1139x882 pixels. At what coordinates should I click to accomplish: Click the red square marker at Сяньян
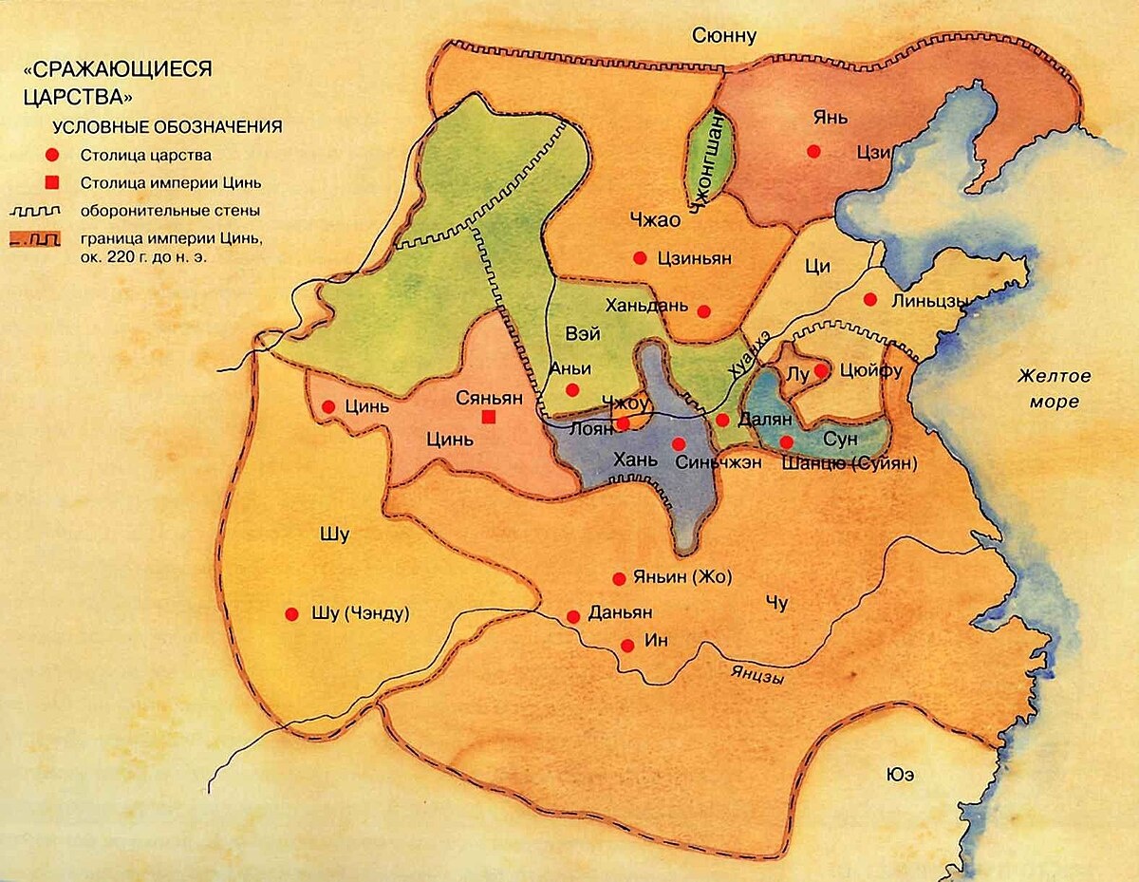489,417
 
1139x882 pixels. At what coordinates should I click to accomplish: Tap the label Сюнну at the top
724,36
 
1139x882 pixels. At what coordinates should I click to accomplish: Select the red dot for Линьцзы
869,300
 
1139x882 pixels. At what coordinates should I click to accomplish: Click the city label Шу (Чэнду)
360,614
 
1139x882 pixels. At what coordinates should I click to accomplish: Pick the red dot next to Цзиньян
640,257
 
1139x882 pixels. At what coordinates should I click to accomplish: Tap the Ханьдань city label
644,306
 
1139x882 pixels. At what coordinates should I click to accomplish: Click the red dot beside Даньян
573,616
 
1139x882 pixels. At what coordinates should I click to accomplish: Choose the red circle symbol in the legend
53,154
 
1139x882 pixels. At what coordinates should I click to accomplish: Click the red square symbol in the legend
53,182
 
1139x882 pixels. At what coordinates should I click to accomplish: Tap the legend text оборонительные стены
171,211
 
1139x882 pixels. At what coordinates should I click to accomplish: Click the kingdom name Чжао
655,220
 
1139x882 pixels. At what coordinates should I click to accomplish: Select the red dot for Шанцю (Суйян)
786,441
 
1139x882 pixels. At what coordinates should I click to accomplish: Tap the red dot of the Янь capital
812,151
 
